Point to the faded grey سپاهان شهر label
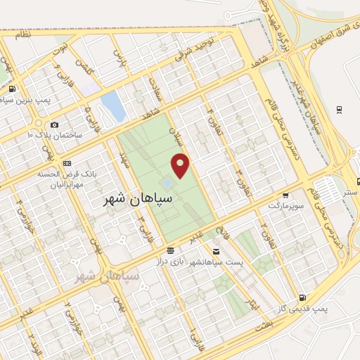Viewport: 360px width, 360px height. (108, 276)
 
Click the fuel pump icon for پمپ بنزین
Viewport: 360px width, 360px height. (12, 89)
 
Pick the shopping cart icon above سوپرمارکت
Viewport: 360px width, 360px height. (285, 196)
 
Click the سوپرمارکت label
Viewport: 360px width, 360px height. (285, 205)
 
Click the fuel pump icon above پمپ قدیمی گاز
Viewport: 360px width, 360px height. (302, 297)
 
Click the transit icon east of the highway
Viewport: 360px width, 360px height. (340, 108)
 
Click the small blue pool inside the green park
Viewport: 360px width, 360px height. (167, 183)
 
